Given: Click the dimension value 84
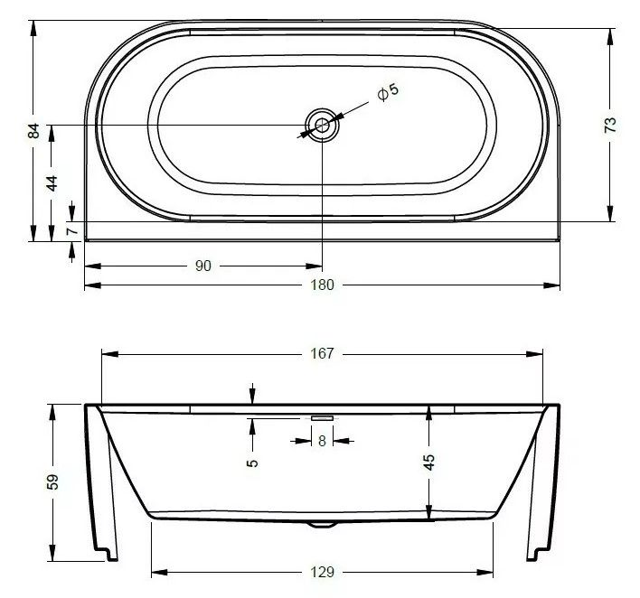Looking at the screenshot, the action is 35,131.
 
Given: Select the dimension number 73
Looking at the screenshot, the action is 610,125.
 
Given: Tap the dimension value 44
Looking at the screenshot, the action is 52,183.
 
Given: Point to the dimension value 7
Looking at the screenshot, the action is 72,231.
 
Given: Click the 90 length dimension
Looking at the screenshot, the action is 203,266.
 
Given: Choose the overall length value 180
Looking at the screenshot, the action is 323,285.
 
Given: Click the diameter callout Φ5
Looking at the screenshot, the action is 388,92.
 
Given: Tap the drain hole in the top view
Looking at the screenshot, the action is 323,126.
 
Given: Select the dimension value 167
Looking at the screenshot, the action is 323,353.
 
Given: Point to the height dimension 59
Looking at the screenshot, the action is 52,481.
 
